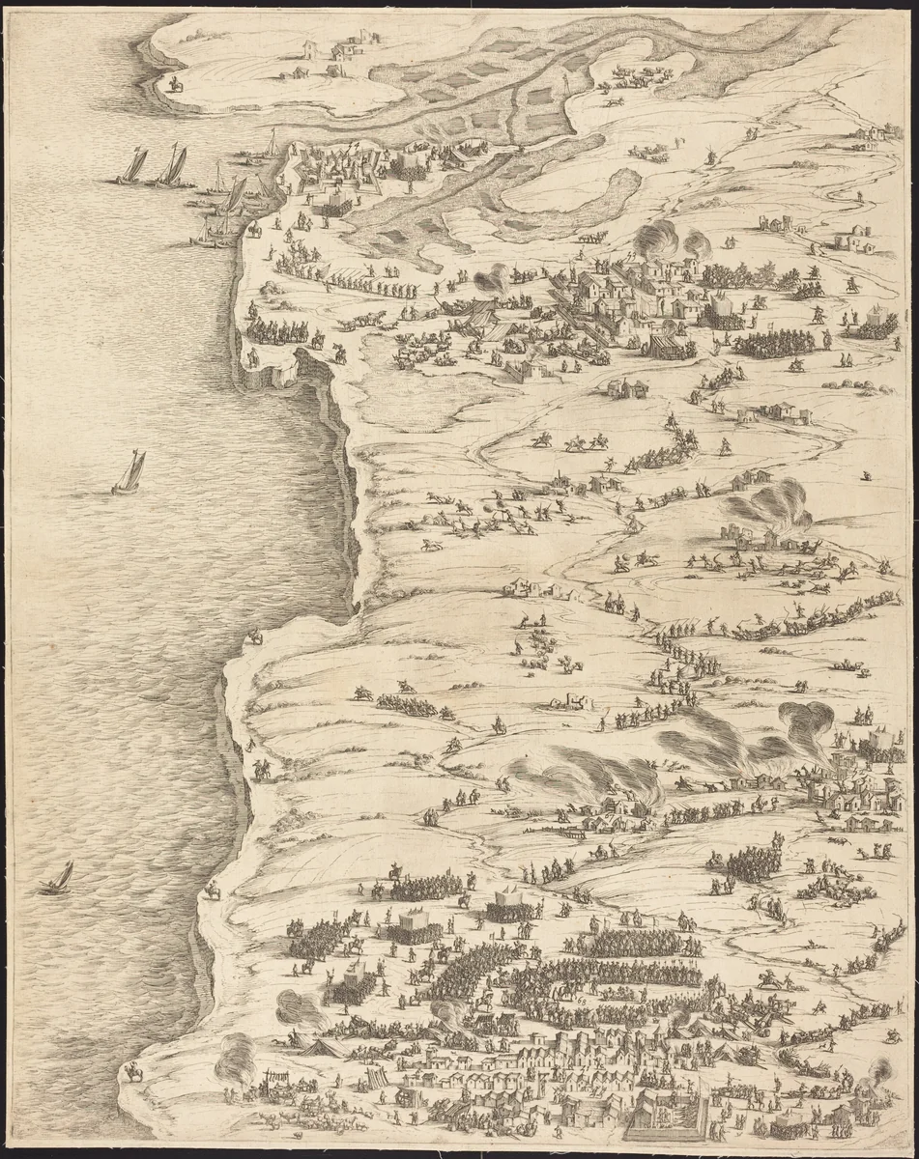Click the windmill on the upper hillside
pos(707,155)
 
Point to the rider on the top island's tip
pos(175,85)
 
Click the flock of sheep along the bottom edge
pos(309,1120)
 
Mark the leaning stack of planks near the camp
pos(375,1075)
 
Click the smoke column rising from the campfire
pos(235,1056)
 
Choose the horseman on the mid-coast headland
pos(255,636)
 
